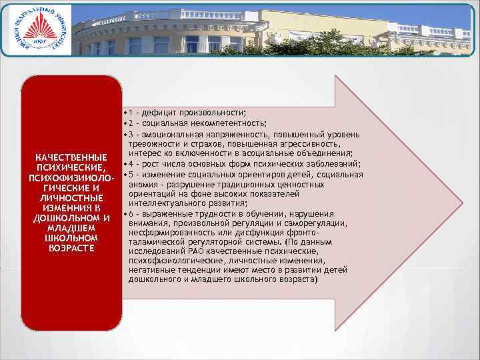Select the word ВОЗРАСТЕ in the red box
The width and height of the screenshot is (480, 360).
click(71, 248)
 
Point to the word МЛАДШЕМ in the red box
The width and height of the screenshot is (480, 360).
click(71, 228)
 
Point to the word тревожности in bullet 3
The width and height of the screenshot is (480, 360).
click(153, 144)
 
